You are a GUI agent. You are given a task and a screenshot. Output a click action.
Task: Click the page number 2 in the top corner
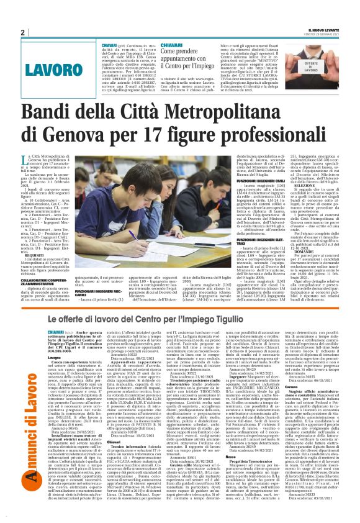pyautogui.click(x=22, y=32)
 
